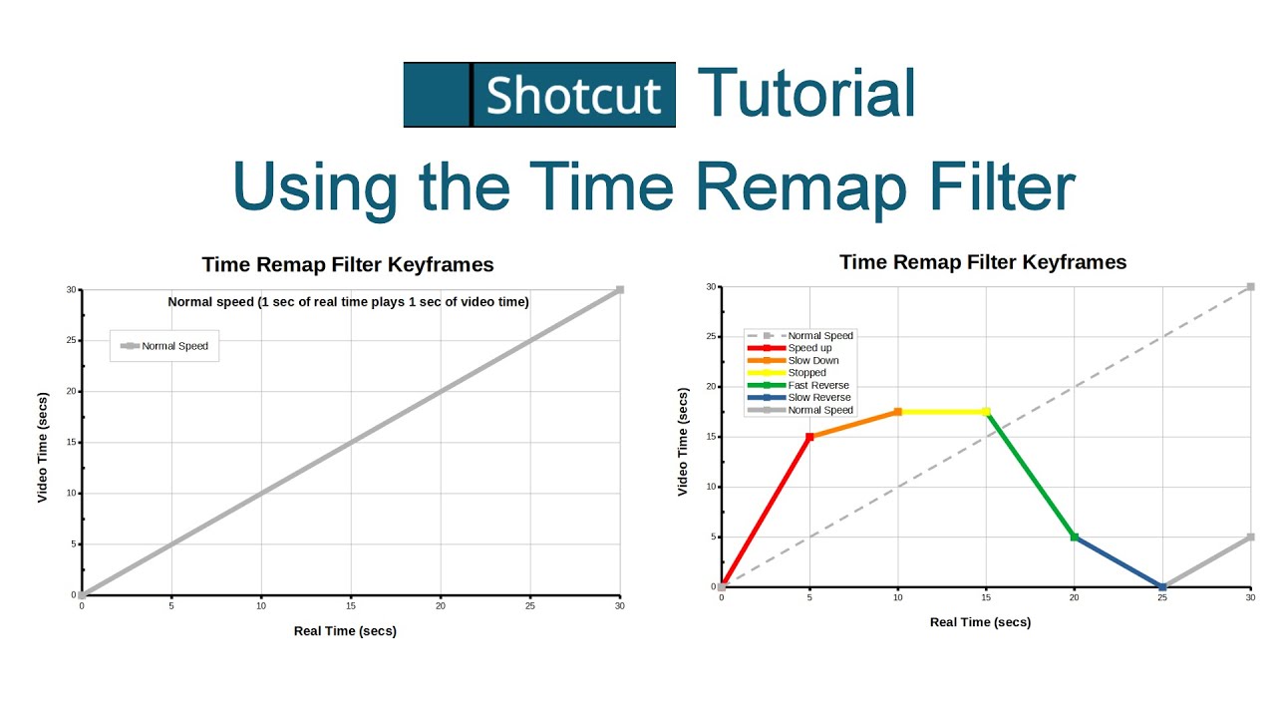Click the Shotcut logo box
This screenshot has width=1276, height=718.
tap(539, 95)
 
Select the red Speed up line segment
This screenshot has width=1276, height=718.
tap(766, 511)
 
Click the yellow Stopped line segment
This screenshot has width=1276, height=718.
tap(942, 411)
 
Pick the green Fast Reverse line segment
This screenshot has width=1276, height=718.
tap(1030, 474)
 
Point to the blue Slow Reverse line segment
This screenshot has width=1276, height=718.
tap(1117, 561)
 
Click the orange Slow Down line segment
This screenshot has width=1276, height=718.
tap(853, 424)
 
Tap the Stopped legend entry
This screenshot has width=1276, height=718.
tap(805, 373)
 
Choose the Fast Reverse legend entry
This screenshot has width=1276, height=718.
tap(817, 385)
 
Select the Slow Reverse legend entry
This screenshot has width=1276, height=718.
tap(817, 398)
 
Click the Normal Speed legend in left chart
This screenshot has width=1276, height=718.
tap(165, 346)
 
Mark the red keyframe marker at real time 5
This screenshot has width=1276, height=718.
tap(809, 437)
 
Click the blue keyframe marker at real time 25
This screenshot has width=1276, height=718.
tap(1162, 587)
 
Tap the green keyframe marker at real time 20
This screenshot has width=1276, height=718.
tap(1074, 537)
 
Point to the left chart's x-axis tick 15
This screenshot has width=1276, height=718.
tap(351, 606)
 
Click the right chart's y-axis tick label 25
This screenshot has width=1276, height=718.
tap(710, 336)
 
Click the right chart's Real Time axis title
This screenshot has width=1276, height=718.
tap(980, 622)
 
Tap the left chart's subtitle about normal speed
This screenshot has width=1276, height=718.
tap(348, 302)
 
